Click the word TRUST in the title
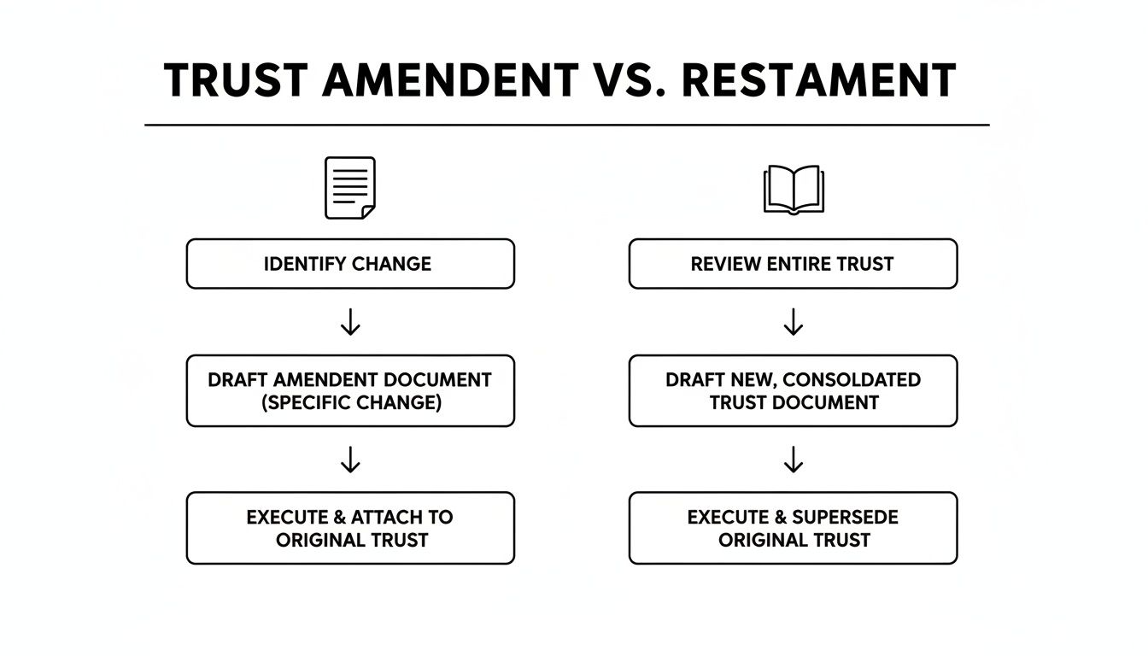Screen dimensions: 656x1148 [x=235, y=81]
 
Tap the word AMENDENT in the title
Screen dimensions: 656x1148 [x=448, y=81]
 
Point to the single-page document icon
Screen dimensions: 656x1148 [x=350, y=188]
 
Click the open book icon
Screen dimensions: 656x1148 [x=793, y=189]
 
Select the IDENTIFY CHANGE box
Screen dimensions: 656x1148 [x=350, y=264]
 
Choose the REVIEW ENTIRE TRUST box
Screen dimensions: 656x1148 [x=793, y=264]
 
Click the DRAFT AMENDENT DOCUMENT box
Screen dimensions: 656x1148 [x=350, y=391]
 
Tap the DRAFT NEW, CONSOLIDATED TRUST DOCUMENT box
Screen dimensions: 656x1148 [x=793, y=391]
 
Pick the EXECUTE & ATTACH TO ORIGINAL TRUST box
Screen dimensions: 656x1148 [x=350, y=528]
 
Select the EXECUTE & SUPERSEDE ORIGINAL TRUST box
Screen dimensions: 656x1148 [x=793, y=528]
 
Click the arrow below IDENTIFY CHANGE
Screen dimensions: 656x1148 [x=350, y=322]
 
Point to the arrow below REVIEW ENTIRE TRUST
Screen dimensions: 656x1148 [x=794, y=322]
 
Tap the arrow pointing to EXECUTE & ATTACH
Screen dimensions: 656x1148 [x=350, y=460]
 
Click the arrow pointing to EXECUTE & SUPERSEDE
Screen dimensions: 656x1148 [x=794, y=460]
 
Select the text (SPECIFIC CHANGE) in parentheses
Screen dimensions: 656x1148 [x=351, y=403]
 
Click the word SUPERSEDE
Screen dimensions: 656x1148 [x=845, y=517]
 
